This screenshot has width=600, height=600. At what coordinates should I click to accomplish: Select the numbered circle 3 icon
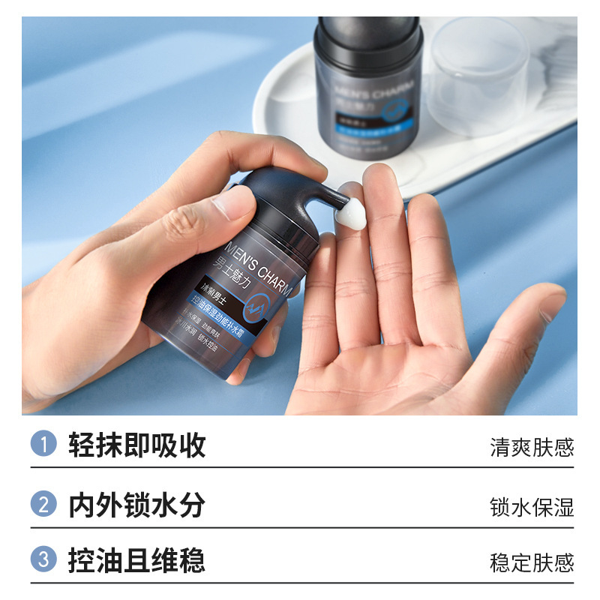(x=43, y=560)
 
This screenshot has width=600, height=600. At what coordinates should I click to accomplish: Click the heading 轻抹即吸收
(x=136, y=445)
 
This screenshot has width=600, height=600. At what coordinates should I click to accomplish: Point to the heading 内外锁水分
(x=136, y=504)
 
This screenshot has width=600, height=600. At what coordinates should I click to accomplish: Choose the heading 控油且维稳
(x=136, y=560)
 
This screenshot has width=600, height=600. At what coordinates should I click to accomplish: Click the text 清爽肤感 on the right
(x=531, y=448)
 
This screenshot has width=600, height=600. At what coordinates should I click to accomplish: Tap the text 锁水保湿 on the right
(x=531, y=506)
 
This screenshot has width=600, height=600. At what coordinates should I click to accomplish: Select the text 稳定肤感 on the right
(x=531, y=562)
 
